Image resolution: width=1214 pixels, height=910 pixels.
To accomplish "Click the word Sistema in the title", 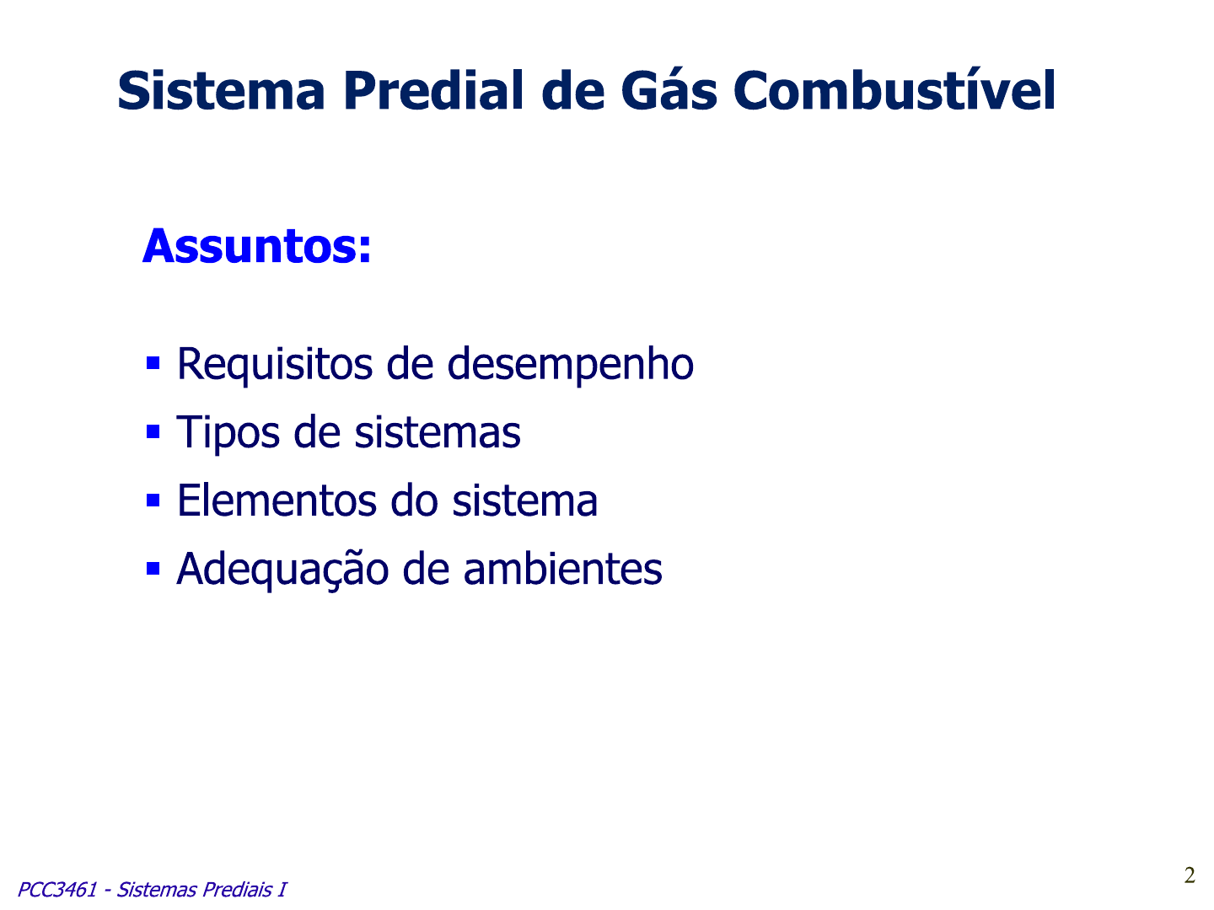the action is (221, 91).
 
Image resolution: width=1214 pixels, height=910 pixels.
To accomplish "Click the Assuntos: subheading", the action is (256, 246).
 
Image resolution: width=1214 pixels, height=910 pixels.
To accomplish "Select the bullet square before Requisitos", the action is (153, 363).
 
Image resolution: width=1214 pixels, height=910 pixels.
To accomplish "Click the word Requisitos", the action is (275, 365).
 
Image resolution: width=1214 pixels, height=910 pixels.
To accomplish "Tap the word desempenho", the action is (570, 365).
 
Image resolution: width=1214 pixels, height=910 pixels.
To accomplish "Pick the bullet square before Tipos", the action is (153, 431).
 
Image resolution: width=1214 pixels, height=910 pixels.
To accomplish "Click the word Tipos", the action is (228, 433).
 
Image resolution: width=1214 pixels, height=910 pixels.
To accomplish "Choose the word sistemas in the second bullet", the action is (437, 432).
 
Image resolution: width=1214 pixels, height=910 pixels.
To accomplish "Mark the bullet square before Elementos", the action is (153, 500).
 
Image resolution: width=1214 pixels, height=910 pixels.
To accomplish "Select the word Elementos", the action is (277, 500).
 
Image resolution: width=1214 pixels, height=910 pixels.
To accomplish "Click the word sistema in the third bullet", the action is (525, 500).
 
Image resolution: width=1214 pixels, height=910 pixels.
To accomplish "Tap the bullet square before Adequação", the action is (153, 569).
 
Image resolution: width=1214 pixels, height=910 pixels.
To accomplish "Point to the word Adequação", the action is (282, 570).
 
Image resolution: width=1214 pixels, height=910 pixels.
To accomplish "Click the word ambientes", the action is (562, 569).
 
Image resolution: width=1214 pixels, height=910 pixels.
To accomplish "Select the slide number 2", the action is (1190, 875).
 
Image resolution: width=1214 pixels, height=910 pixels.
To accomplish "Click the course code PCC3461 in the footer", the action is (57, 890).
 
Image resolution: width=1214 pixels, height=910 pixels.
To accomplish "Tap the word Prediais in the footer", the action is (237, 890).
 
